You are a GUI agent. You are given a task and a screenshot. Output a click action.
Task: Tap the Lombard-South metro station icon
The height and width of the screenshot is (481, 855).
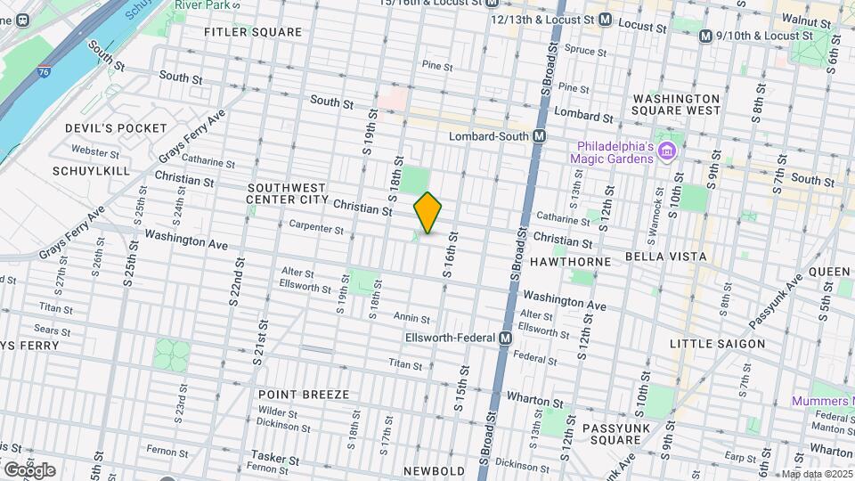(x=539, y=136)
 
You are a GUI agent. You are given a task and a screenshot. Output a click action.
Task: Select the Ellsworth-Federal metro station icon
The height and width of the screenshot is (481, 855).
(x=505, y=338)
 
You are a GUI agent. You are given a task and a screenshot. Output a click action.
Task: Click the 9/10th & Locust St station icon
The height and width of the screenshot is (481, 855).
(x=705, y=36)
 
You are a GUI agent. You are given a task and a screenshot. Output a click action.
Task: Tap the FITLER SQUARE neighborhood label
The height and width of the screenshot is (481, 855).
(x=252, y=32)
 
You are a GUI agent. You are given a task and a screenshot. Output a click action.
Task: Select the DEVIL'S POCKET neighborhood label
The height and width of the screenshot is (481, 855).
(x=116, y=128)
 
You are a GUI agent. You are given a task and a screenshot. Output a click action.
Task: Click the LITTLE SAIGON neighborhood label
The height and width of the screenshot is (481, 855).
(x=718, y=344)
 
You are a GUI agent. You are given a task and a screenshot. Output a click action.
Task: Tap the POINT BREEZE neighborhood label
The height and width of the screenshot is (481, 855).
(x=303, y=394)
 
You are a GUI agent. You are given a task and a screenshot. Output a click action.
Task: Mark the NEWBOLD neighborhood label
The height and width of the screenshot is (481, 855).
(x=434, y=470)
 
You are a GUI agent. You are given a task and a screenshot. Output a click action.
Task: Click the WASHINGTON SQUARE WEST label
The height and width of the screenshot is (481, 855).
(x=676, y=104)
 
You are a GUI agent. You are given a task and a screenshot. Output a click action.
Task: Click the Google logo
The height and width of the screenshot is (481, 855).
(x=28, y=469)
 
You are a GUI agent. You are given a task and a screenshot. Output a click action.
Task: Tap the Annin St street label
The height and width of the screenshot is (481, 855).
(x=411, y=319)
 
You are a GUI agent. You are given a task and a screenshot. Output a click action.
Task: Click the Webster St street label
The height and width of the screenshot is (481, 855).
(x=89, y=151)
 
